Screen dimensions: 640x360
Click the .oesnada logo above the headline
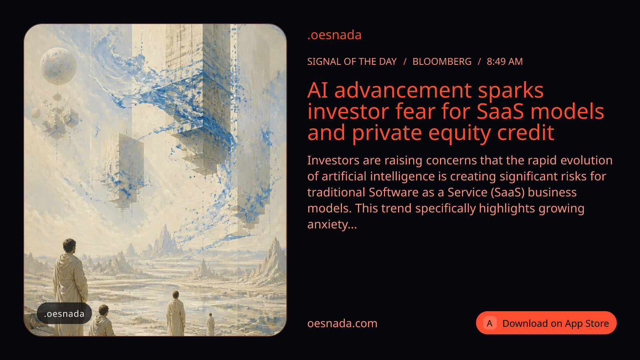click(334, 35)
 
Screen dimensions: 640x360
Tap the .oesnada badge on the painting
click(64, 314)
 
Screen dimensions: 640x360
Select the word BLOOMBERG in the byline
click(442, 62)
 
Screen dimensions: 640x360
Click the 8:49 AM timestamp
click(504, 62)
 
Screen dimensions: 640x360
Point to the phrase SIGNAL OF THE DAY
click(352, 62)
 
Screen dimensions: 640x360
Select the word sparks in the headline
click(510, 91)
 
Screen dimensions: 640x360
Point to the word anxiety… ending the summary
click(332, 224)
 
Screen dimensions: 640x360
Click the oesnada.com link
click(342, 324)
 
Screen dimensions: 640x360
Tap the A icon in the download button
click(490, 323)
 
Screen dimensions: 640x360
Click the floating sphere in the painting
click(58, 66)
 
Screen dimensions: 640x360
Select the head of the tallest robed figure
click(70, 246)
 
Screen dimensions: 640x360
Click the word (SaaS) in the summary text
click(508, 192)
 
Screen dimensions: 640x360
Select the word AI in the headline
click(318, 90)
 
